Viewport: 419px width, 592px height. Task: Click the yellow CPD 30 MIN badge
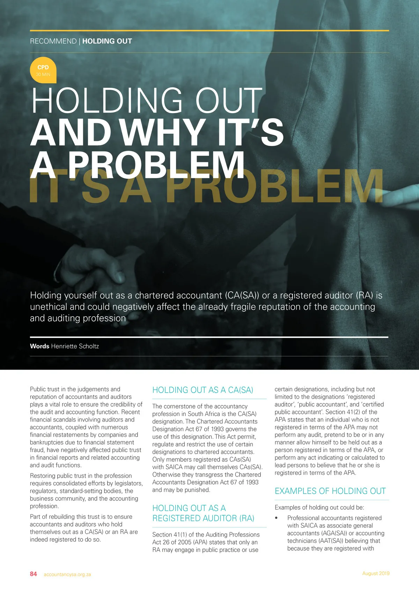tap(43, 70)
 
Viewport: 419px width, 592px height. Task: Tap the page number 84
tap(33, 574)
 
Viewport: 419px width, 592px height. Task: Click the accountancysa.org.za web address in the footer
tap(67, 574)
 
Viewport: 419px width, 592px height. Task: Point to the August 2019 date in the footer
tap(376, 573)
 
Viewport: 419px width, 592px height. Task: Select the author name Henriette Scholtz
tap(75, 346)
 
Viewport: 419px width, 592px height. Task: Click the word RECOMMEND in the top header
tap(53, 41)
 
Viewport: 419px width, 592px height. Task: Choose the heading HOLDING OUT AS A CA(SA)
tap(203, 390)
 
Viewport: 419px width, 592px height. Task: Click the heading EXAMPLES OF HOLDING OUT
tap(330, 491)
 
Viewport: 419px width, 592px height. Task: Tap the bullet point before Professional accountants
tap(276, 518)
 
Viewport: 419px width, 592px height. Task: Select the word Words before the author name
tap(39, 346)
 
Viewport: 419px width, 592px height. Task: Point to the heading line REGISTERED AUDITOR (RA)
tap(203, 518)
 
